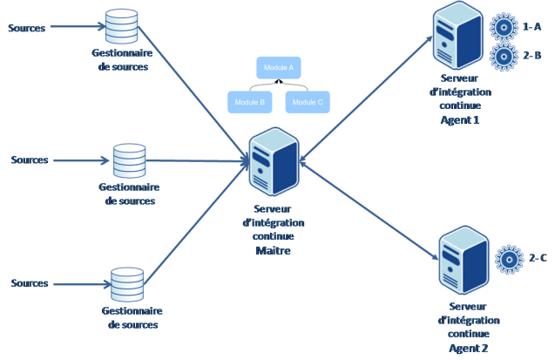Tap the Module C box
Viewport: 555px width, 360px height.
(308, 101)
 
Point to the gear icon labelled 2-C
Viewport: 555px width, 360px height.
(509, 259)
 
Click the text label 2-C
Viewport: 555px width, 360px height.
(538, 258)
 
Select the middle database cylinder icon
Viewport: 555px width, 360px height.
(130, 160)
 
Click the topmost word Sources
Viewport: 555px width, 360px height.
(27, 28)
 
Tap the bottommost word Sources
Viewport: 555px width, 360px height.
(30, 283)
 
